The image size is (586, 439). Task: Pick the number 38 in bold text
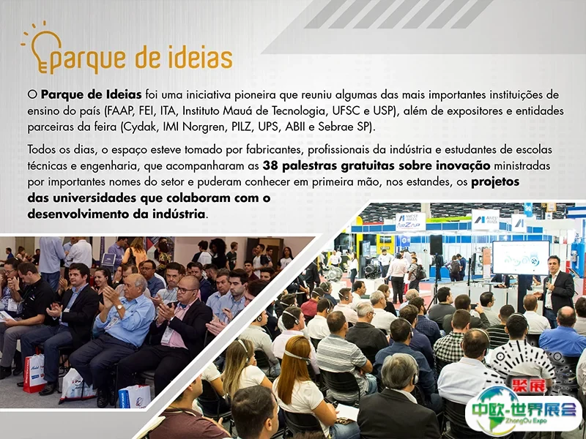point(270,166)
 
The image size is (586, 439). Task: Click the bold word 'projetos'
point(495,182)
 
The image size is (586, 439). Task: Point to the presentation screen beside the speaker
point(521,258)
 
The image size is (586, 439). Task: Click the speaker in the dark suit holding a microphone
point(556,290)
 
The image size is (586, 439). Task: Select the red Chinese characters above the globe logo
point(529,386)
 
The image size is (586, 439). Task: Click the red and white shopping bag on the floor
point(34,373)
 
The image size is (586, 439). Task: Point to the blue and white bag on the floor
point(135,397)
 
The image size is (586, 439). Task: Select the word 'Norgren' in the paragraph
point(204,127)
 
